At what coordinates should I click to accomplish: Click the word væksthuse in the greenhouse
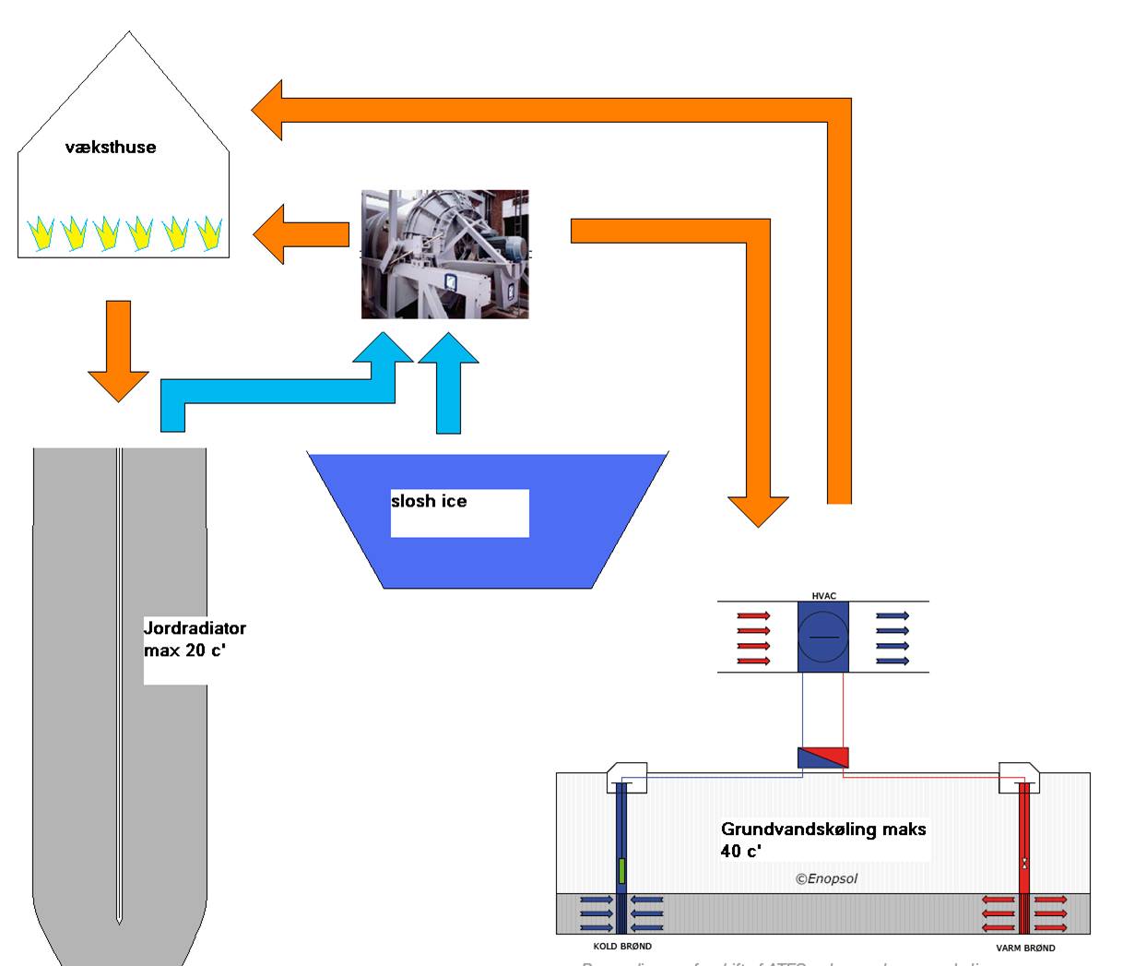click(x=111, y=147)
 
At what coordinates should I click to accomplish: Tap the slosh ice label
click(x=429, y=501)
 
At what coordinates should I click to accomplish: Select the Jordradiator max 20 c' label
click(x=195, y=638)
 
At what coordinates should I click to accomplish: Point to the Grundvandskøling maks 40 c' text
click(x=823, y=839)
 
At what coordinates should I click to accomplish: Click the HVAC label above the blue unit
click(x=823, y=596)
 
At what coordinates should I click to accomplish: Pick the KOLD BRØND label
click(x=622, y=947)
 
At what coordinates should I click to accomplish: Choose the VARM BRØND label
click(x=1025, y=948)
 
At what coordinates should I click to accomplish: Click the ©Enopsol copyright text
click(x=826, y=878)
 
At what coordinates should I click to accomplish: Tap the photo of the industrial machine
click(x=445, y=255)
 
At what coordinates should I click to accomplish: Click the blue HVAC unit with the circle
click(x=823, y=638)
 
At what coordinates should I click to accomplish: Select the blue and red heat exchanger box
click(x=823, y=758)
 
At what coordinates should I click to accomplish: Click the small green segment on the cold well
click(x=622, y=870)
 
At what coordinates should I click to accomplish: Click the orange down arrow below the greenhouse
click(x=118, y=351)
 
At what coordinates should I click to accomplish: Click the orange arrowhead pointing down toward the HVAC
click(x=758, y=509)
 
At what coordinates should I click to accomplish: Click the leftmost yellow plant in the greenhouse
click(x=41, y=234)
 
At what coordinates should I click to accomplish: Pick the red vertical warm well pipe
click(x=1024, y=840)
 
